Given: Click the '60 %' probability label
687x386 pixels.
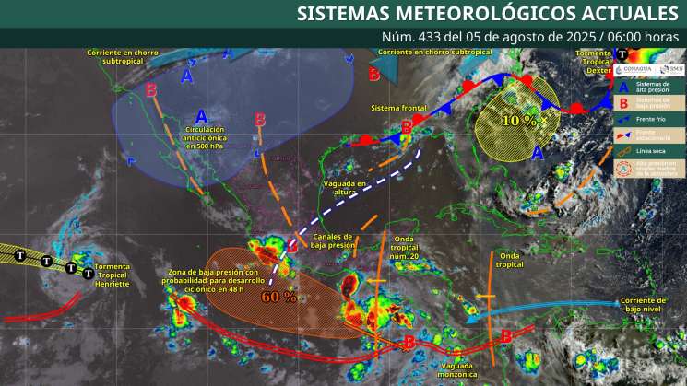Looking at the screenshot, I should pos(278,297).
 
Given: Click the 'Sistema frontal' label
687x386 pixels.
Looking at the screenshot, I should pos(398,109).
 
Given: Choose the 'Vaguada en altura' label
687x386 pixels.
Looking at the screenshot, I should pos(346,188).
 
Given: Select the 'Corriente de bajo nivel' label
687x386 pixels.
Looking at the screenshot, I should pos(643,305).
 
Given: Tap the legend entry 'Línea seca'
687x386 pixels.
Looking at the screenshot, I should pos(652,150).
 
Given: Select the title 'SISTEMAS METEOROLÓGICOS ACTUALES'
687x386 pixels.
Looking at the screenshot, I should pos(487,14).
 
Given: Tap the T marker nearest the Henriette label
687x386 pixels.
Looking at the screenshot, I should pos(89,273).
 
